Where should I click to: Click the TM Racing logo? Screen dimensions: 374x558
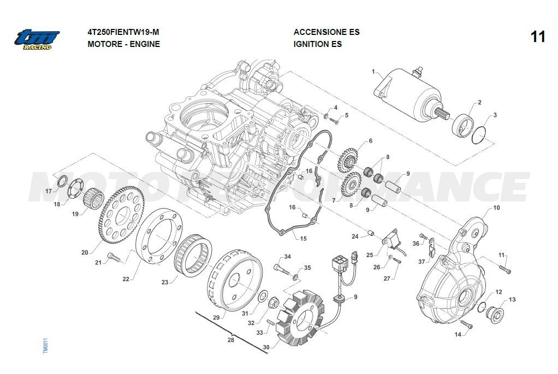[37, 39]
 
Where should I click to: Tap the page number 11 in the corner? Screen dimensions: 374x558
[537, 37]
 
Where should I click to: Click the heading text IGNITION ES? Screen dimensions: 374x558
[317, 44]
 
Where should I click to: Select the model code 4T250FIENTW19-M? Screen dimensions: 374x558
[123, 32]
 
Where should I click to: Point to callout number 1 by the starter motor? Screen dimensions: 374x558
[374, 72]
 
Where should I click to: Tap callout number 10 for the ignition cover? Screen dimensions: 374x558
[496, 207]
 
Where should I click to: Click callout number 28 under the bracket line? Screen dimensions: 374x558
[230, 340]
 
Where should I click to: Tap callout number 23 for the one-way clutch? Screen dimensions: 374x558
[165, 282]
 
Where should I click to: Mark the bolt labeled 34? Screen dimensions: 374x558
[279, 268]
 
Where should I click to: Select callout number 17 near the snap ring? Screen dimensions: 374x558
[49, 191]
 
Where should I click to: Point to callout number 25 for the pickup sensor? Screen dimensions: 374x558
[370, 255]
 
